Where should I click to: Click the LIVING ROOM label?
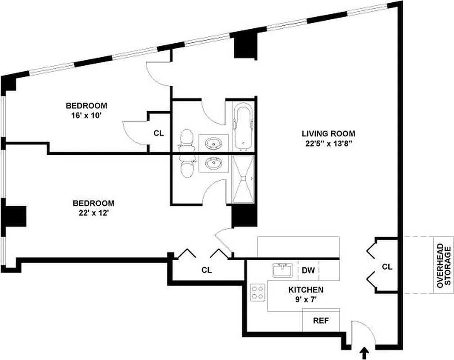click(x=328, y=134)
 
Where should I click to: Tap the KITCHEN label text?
click(x=306, y=290)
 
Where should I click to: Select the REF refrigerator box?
click(x=321, y=321)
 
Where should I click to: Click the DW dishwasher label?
click(x=308, y=270)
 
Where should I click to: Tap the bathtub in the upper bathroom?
click(x=243, y=126)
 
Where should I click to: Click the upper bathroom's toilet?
click(x=186, y=140)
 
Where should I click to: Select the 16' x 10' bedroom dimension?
click(x=86, y=115)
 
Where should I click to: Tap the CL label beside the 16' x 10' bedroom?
click(x=158, y=133)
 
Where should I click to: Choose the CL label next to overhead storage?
click(x=387, y=266)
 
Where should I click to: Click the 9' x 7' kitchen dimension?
click(x=306, y=299)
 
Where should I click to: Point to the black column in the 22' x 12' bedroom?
click(x=16, y=216)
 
